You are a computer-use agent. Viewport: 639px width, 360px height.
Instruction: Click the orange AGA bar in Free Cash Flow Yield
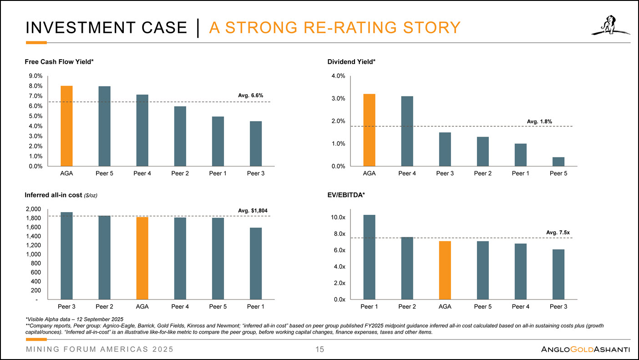pyautogui.click(x=66, y=126)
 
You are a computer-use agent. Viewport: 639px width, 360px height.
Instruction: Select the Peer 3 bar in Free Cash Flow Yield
pyautogui.click(x=255, y=143)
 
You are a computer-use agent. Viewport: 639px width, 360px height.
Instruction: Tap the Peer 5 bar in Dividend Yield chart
pyautogui.click(x=558, y=162)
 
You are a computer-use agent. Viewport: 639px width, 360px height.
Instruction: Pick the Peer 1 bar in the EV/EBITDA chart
pyautogui.click(x=369, y=257)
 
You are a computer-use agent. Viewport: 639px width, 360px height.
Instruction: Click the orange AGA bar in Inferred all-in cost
pyautogui.click(x=142, y=258)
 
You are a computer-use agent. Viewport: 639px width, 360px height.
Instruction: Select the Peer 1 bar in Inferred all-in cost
pyautogui.click(x=255, y=264)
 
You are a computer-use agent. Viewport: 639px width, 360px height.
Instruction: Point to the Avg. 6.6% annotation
pyautogui.click(x=251, y=95)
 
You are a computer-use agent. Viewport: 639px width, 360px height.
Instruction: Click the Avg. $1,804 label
pyautogui.click(x=253, y=210)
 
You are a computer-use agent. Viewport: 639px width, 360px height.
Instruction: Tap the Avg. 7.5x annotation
pyautogui.click(x=558, y=233)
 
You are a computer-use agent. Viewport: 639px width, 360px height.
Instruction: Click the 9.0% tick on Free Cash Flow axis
pyautogui.click(x=35, y=76)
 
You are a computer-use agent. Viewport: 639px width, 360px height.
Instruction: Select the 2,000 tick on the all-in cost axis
pyautogui.click(x=34, y=209)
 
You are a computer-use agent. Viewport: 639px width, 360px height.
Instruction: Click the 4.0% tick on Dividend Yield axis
pyautogui.click(x=338, y=76)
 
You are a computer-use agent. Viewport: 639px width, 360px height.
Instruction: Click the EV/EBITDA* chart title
pyautogui.click(x=346, y=195)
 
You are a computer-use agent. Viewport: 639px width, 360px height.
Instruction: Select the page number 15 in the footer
pyautogui.click(x=319, y=350)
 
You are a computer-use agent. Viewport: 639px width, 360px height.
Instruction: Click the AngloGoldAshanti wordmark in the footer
pyautogui.click(x=585, y=350)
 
